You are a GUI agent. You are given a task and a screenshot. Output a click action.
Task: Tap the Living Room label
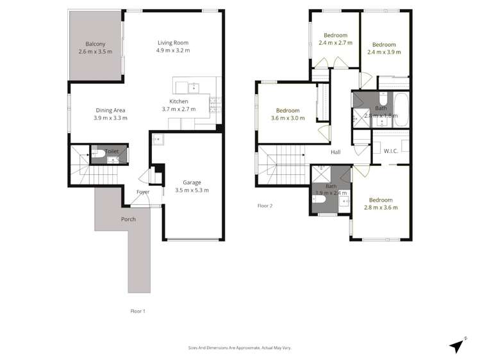tap(173, 43)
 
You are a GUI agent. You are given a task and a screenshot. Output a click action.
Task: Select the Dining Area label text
tap(111, 110)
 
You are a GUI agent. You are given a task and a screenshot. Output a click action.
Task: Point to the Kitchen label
tap(179, 101)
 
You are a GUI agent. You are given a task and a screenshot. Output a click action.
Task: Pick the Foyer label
tap(143, 192)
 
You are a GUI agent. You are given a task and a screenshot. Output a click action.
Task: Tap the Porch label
tap(128, 219)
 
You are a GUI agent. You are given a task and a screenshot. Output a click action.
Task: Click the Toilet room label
tap(112, 152)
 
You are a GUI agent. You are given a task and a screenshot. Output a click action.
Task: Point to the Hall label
tap(335, 152)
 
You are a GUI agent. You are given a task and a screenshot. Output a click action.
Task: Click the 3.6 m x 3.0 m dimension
tap(288, 118)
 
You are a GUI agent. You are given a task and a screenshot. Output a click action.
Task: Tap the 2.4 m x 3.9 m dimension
tap(384, 53)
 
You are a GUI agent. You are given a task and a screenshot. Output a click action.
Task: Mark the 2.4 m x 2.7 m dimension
tap(335, 43)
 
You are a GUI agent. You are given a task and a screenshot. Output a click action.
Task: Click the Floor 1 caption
tap(137, 311)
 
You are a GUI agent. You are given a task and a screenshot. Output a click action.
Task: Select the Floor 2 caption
tap(265, 206)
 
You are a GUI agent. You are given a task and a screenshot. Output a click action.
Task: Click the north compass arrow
tap(456, 345)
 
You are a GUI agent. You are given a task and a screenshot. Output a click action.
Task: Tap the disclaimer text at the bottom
tap(239, 347)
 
